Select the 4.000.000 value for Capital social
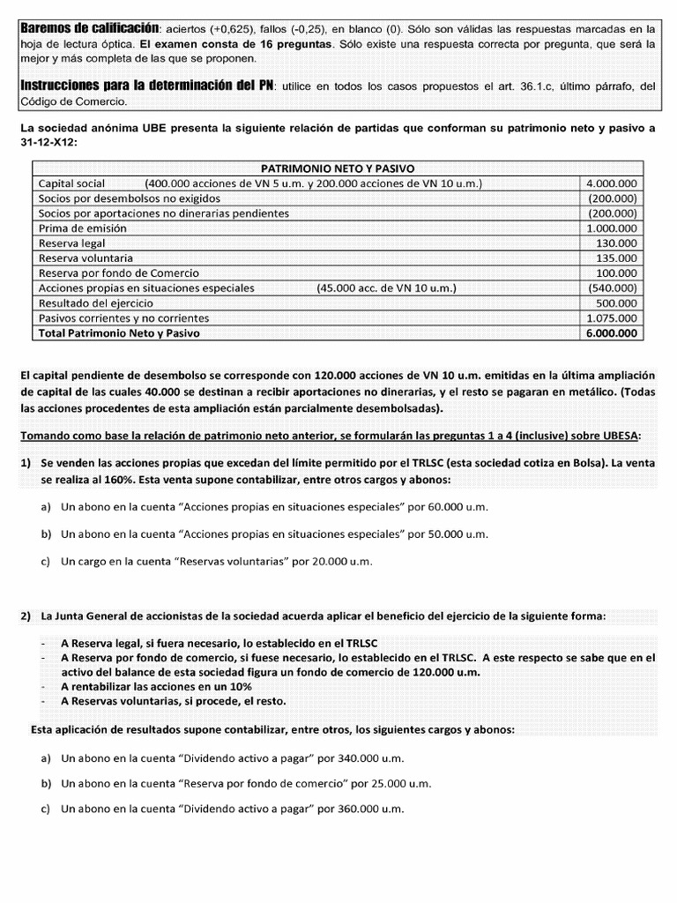(x=614, y=183)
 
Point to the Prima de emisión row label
(x=82, y=228)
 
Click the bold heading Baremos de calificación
(x=90, y=29)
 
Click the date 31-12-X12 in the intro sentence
(x=48, y=143)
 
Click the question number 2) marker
(x=26, y=616)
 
